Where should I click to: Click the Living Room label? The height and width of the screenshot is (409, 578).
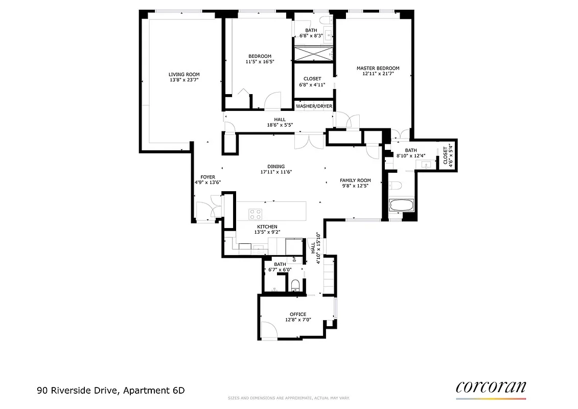(x=184, y=74)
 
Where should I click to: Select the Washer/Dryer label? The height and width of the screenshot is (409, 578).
(x=314, y=106)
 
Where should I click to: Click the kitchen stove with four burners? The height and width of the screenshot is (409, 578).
(x=255, y=214)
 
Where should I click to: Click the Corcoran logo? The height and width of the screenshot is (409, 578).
(x=491, y=387)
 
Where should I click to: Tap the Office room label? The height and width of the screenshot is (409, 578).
(x=298, y=314)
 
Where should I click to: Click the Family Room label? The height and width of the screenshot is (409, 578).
(x=355, y=180)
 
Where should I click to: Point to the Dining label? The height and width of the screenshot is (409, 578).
(x=276, y=166)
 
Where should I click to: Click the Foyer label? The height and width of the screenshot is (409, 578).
(x=207, y=177)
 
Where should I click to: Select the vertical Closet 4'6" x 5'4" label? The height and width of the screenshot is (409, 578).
(x=448, y=154)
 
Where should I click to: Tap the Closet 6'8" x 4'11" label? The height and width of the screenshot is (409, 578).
(x=312, y=82)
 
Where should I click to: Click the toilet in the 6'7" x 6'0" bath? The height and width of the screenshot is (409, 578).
(x=295, y=284)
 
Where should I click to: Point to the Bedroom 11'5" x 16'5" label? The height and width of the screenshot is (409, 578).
(x=260, y=59)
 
